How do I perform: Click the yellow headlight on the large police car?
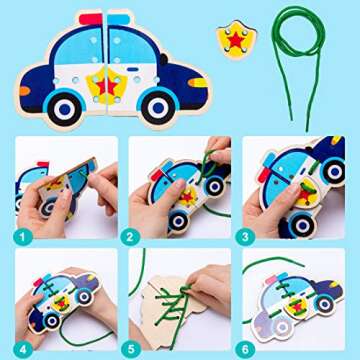pos(196,83)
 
